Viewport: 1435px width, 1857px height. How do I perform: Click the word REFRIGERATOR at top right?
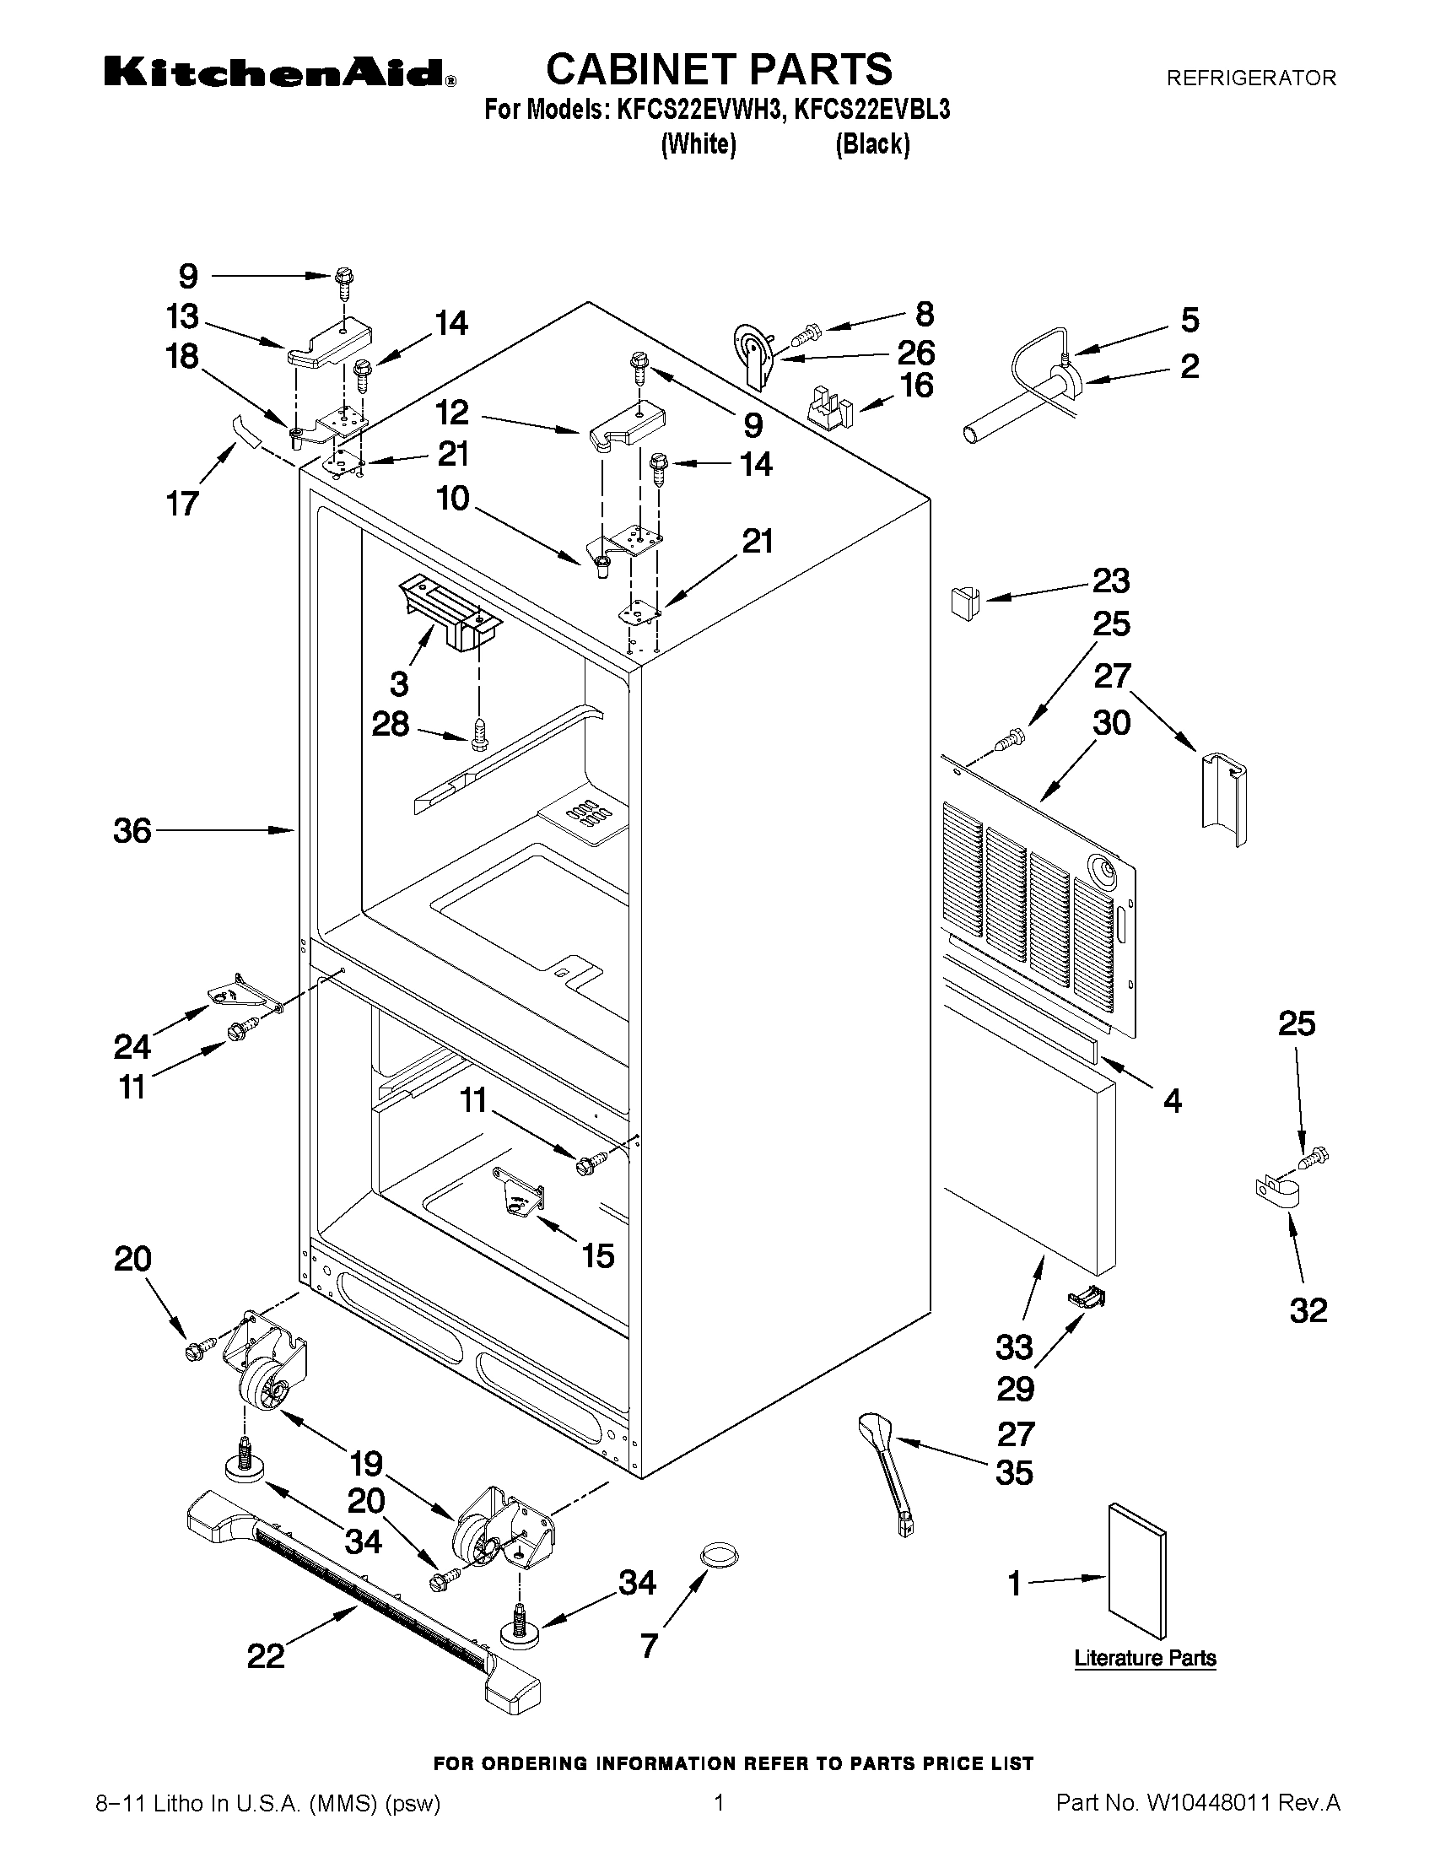[x=1250, y=78]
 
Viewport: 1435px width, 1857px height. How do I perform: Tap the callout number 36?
[x=132, y=831]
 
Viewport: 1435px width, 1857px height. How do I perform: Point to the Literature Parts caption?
[x=1144, y=1658]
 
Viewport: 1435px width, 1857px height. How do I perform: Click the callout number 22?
[x=266, y=1655]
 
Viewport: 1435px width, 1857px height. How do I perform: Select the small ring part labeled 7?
[x=720, y=1554]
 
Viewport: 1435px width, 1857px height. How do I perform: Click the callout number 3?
[x=399, y=683]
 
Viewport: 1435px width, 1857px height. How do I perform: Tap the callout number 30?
[x=1111, y=724]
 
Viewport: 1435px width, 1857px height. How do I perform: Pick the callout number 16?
[x=916, y=386]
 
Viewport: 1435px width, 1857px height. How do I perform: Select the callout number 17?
[x=183, y=503]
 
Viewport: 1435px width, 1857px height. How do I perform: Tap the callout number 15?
[x=598, y=1255]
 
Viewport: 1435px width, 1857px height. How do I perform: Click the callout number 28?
[x=391, y=725]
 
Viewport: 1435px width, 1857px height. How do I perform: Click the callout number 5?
[x=1190, y=321]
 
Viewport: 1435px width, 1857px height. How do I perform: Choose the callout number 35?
[x=1014, y=1473]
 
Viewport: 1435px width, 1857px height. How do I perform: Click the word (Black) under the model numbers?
[x=872, y=144]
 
